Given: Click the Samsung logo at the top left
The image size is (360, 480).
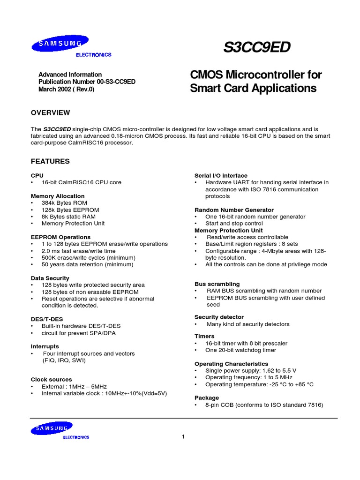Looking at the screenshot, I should tap(56, 45).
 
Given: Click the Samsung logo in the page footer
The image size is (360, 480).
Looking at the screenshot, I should tap(52, 428).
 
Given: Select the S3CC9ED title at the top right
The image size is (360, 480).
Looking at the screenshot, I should tap(257, 47).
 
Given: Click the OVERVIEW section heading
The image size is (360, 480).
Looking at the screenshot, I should tap(50, 113).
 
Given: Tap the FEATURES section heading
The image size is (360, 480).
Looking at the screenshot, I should tap(50, 161).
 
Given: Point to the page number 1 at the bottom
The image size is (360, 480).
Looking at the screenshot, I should tap(183, 437).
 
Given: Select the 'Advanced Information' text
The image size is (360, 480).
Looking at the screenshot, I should tap(70, 75).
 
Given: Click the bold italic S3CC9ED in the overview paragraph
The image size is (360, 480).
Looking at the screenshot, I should tap(57, 129).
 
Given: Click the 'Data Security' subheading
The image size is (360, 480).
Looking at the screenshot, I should tap(50, 278).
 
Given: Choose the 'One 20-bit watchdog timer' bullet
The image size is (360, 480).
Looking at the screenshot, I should tap(240, 350).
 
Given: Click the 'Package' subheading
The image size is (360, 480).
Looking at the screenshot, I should tap(207, 397).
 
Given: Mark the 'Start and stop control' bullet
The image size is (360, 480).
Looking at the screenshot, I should tap(235, 224).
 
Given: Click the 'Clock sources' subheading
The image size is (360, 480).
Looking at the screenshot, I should tap(52, 379).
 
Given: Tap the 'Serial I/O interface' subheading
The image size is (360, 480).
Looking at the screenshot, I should tap(221, 175).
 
